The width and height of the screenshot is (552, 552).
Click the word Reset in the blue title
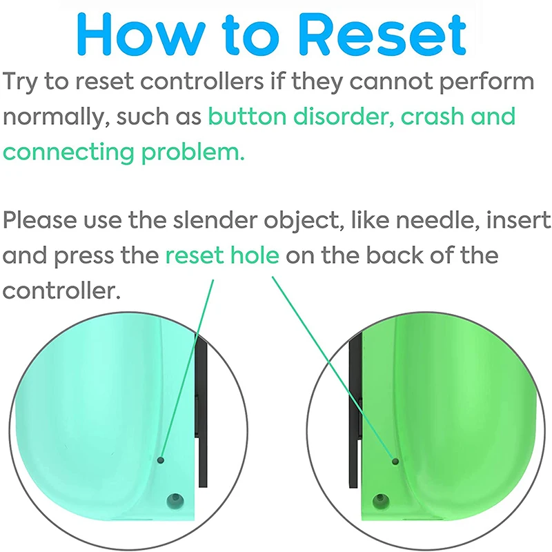tap(384, 34)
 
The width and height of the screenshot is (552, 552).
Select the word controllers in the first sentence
tap(201, 81)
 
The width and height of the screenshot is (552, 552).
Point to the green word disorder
tap(344, 116)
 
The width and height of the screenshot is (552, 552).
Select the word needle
tap(437, 220)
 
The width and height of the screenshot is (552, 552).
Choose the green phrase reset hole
tap(222, 255)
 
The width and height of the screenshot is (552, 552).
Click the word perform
tap(487, 82)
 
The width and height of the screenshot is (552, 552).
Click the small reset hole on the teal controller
tap(161, 460)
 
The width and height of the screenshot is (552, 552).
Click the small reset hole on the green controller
tap(395, 461)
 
